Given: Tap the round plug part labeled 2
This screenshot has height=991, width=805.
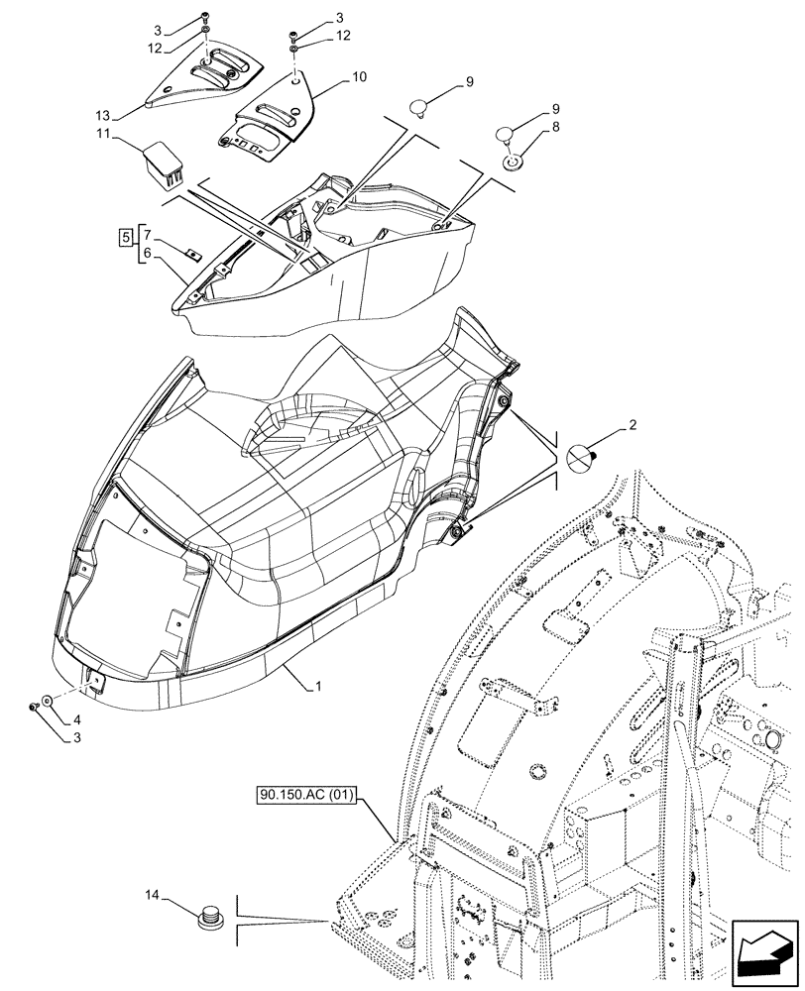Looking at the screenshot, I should pos(580,457).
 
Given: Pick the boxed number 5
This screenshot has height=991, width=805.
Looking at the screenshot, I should pos(124,238).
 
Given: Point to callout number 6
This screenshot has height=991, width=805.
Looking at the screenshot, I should pos(148,255).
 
